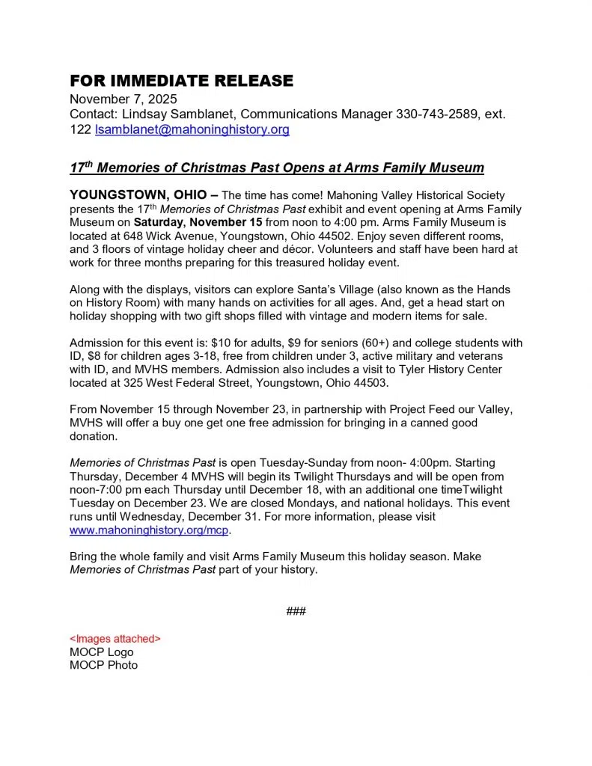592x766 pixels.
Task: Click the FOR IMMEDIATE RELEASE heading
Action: click(181, 81)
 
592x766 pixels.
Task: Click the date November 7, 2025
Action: click(123, 99)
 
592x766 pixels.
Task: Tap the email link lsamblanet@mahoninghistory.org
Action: click(192, 130)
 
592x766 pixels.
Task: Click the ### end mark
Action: click(296, 611)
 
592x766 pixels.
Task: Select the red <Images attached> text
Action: click(115, 639)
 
